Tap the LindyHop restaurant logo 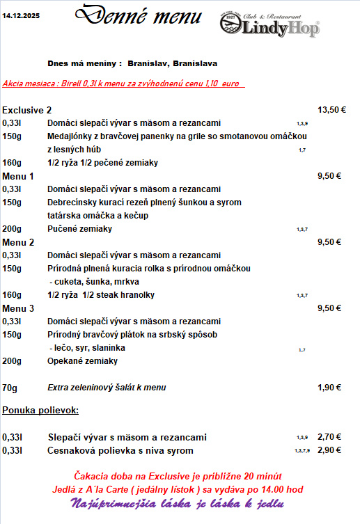tap(269, 25)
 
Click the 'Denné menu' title tap(139, 16)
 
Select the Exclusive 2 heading tap(27, 110)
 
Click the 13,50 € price tap(331, 110)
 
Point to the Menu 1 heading tap(18, 176)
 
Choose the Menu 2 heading tap(18, 242)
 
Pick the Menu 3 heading tap(18, 308)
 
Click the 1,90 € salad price tap(329, 388)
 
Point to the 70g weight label tap(10, 388)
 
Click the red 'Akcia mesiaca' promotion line tap(120, 84)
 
